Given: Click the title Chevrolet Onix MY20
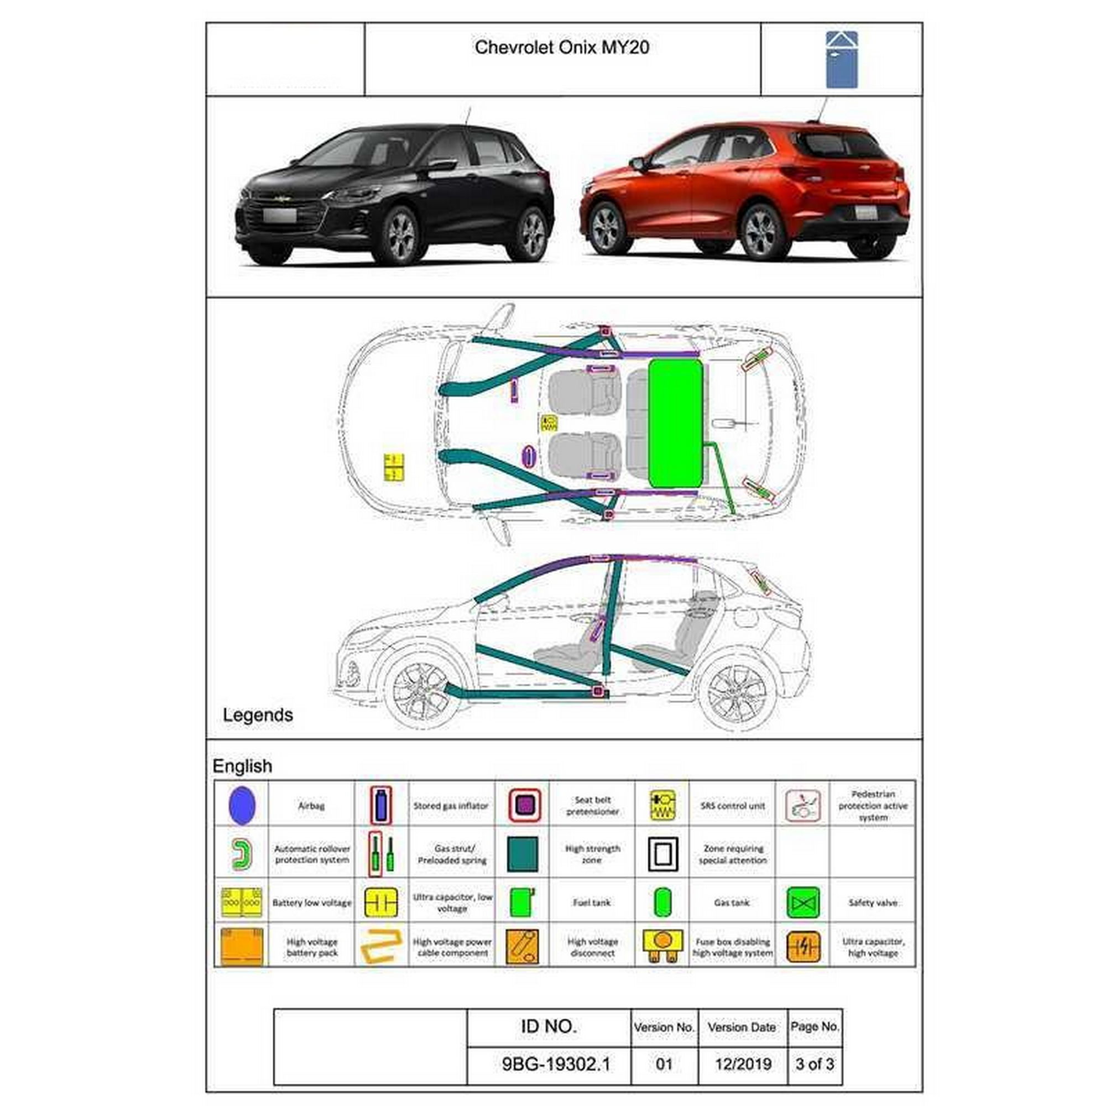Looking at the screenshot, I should pyautogui.click(x=562, y=48).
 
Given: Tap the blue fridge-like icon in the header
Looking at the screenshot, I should pyautogui.click(x=841, y=60).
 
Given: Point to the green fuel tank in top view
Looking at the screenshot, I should pyautogui.click(x=676, y=423).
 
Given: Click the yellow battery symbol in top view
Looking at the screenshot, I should pyautogui.click(x=394, y=467).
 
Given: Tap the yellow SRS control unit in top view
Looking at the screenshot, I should pyautogui.click(x=549, y=423).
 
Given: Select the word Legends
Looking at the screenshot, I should pyautogui.click(x=258, y=715).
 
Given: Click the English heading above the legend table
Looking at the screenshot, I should pyautogui.click(x=242, y=766).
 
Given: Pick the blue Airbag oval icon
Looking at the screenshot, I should pyautogui.click(x=242, y=806).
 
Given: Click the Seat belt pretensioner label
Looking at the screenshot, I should pyautogui.click(x=592, y=806).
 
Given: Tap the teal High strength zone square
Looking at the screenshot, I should pyautogui.click(x=522, y=854).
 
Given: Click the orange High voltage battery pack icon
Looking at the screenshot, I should pyautogui.click(x=242, y=947).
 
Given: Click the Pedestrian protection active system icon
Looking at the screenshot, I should pyautogui.click(x=802, y=806).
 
